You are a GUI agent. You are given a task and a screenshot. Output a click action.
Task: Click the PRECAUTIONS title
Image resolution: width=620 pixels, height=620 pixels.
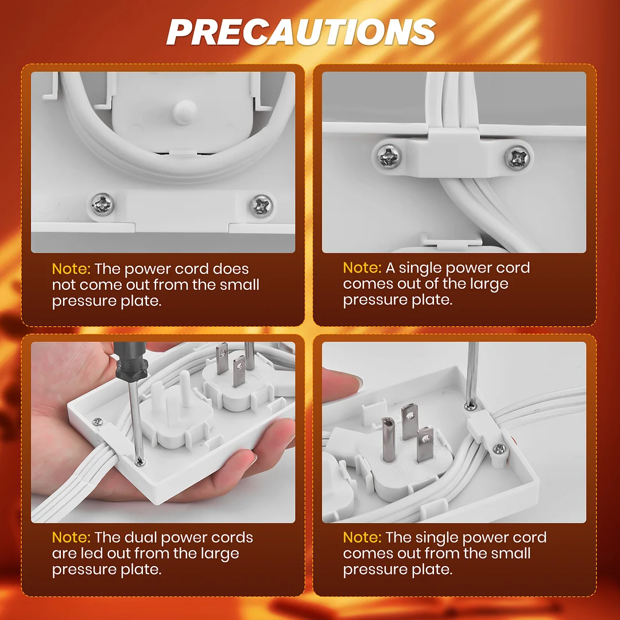click(301, 32)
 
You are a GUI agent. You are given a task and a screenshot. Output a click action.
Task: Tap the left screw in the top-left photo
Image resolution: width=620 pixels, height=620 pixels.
click(102, 204)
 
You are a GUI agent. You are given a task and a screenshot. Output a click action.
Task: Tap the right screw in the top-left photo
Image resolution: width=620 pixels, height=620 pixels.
click(261, 206)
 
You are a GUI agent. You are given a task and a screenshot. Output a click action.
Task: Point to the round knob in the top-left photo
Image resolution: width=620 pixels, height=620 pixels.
click(185, 112)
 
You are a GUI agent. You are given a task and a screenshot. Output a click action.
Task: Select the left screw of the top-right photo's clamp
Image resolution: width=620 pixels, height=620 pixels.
click(389, 156)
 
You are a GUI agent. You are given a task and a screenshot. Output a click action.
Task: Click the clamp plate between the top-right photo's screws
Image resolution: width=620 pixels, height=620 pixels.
click(453, 154)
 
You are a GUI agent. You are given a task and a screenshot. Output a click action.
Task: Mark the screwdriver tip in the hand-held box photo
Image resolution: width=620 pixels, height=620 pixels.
click(139, 461)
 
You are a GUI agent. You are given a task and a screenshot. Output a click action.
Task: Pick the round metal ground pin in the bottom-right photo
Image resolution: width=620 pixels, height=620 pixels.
click(388, 439)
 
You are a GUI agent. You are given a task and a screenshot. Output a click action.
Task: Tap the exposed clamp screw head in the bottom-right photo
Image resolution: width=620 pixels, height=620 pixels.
click(499, 449)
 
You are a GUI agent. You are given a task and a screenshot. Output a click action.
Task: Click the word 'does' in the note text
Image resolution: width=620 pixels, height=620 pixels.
click(231, 269)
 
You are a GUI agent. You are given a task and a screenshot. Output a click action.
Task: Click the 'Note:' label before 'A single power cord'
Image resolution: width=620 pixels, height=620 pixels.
click(362, 268)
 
